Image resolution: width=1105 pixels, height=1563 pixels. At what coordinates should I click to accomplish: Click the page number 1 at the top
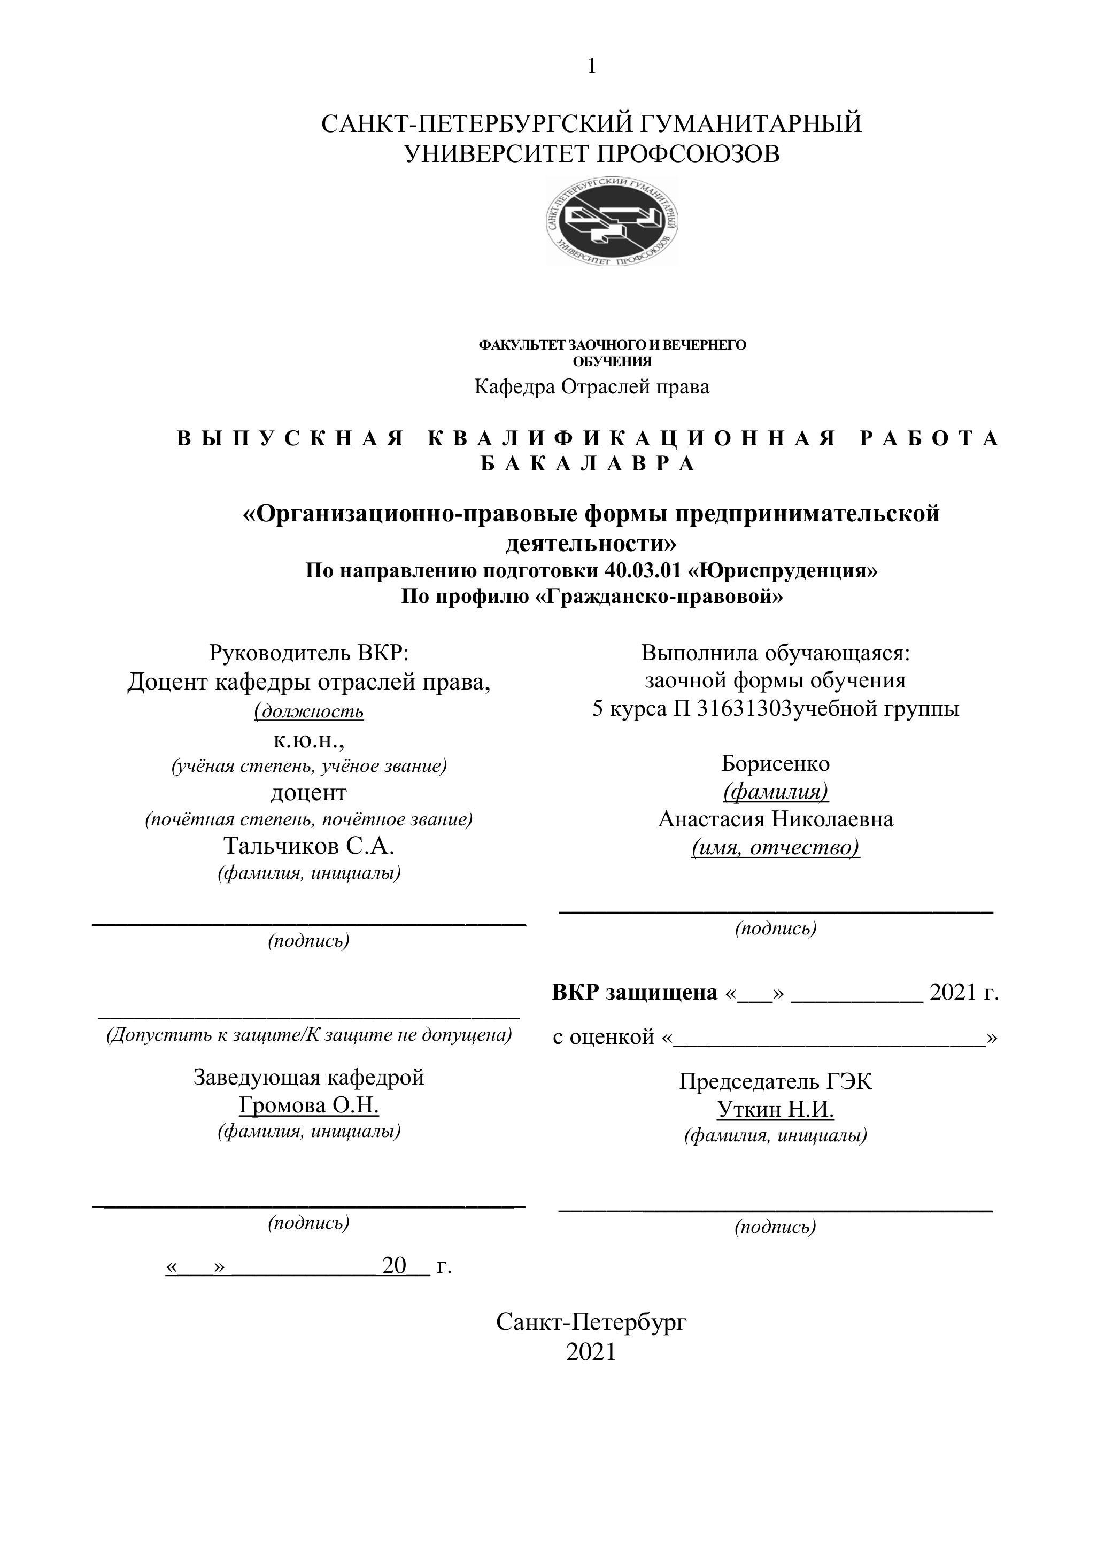point(592,66)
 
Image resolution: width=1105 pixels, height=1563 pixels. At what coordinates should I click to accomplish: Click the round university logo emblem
point(612,221)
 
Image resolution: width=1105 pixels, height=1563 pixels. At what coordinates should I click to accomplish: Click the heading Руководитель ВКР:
point(308,653)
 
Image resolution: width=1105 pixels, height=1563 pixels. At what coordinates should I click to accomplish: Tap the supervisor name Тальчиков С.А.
point(308,846)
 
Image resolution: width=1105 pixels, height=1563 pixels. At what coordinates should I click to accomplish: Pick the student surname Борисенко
point(776,763)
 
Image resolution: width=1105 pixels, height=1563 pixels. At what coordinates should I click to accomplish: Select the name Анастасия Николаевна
point(776,819)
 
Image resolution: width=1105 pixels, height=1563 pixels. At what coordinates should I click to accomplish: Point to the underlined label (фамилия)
point(776,792)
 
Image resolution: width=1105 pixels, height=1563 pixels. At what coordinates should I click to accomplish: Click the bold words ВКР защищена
point(635,993)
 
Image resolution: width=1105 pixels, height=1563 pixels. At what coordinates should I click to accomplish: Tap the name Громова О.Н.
point(308,1105)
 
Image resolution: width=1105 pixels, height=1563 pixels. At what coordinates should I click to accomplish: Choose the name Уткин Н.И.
point(776,1110)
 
